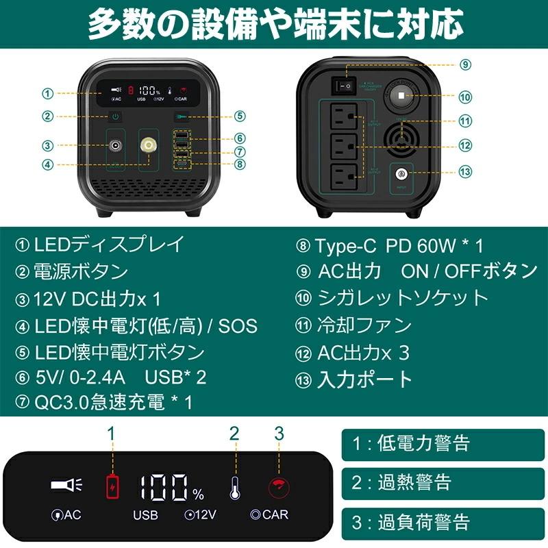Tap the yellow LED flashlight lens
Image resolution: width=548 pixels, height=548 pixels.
pyautogui.click(x=147, y=146)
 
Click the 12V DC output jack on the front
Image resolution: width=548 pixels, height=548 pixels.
pyautogui.click(x=114, y=146)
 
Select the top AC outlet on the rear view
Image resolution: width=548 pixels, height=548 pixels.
pyautogui.click(x=344, y=118)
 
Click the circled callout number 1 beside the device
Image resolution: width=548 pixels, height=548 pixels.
pyautogui.click(x=47, y=93)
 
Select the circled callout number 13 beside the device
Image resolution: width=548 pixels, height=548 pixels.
pyautogui.click(x=466, y=171)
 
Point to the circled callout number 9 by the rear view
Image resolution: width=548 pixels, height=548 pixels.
pyautogui.click(x=466, y=65)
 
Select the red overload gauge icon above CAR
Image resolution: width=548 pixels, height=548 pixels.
pyautogui.click(x=279, y=487)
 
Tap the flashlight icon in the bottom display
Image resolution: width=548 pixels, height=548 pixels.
pyautogui.click(x=66, y=486)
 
